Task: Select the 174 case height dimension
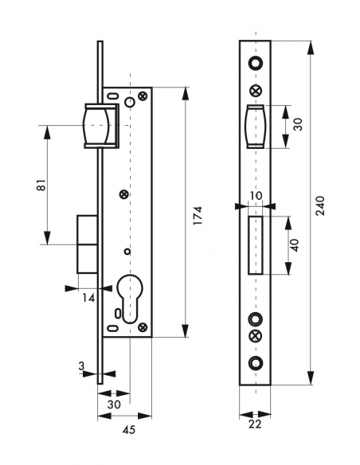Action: (x=199, y=214)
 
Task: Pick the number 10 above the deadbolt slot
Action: (x=255, y=195)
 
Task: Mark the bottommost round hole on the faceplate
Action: (x=255, y=364)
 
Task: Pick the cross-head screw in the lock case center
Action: (x=123, y=193)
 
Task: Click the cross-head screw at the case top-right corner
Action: (x=143, y=96)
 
